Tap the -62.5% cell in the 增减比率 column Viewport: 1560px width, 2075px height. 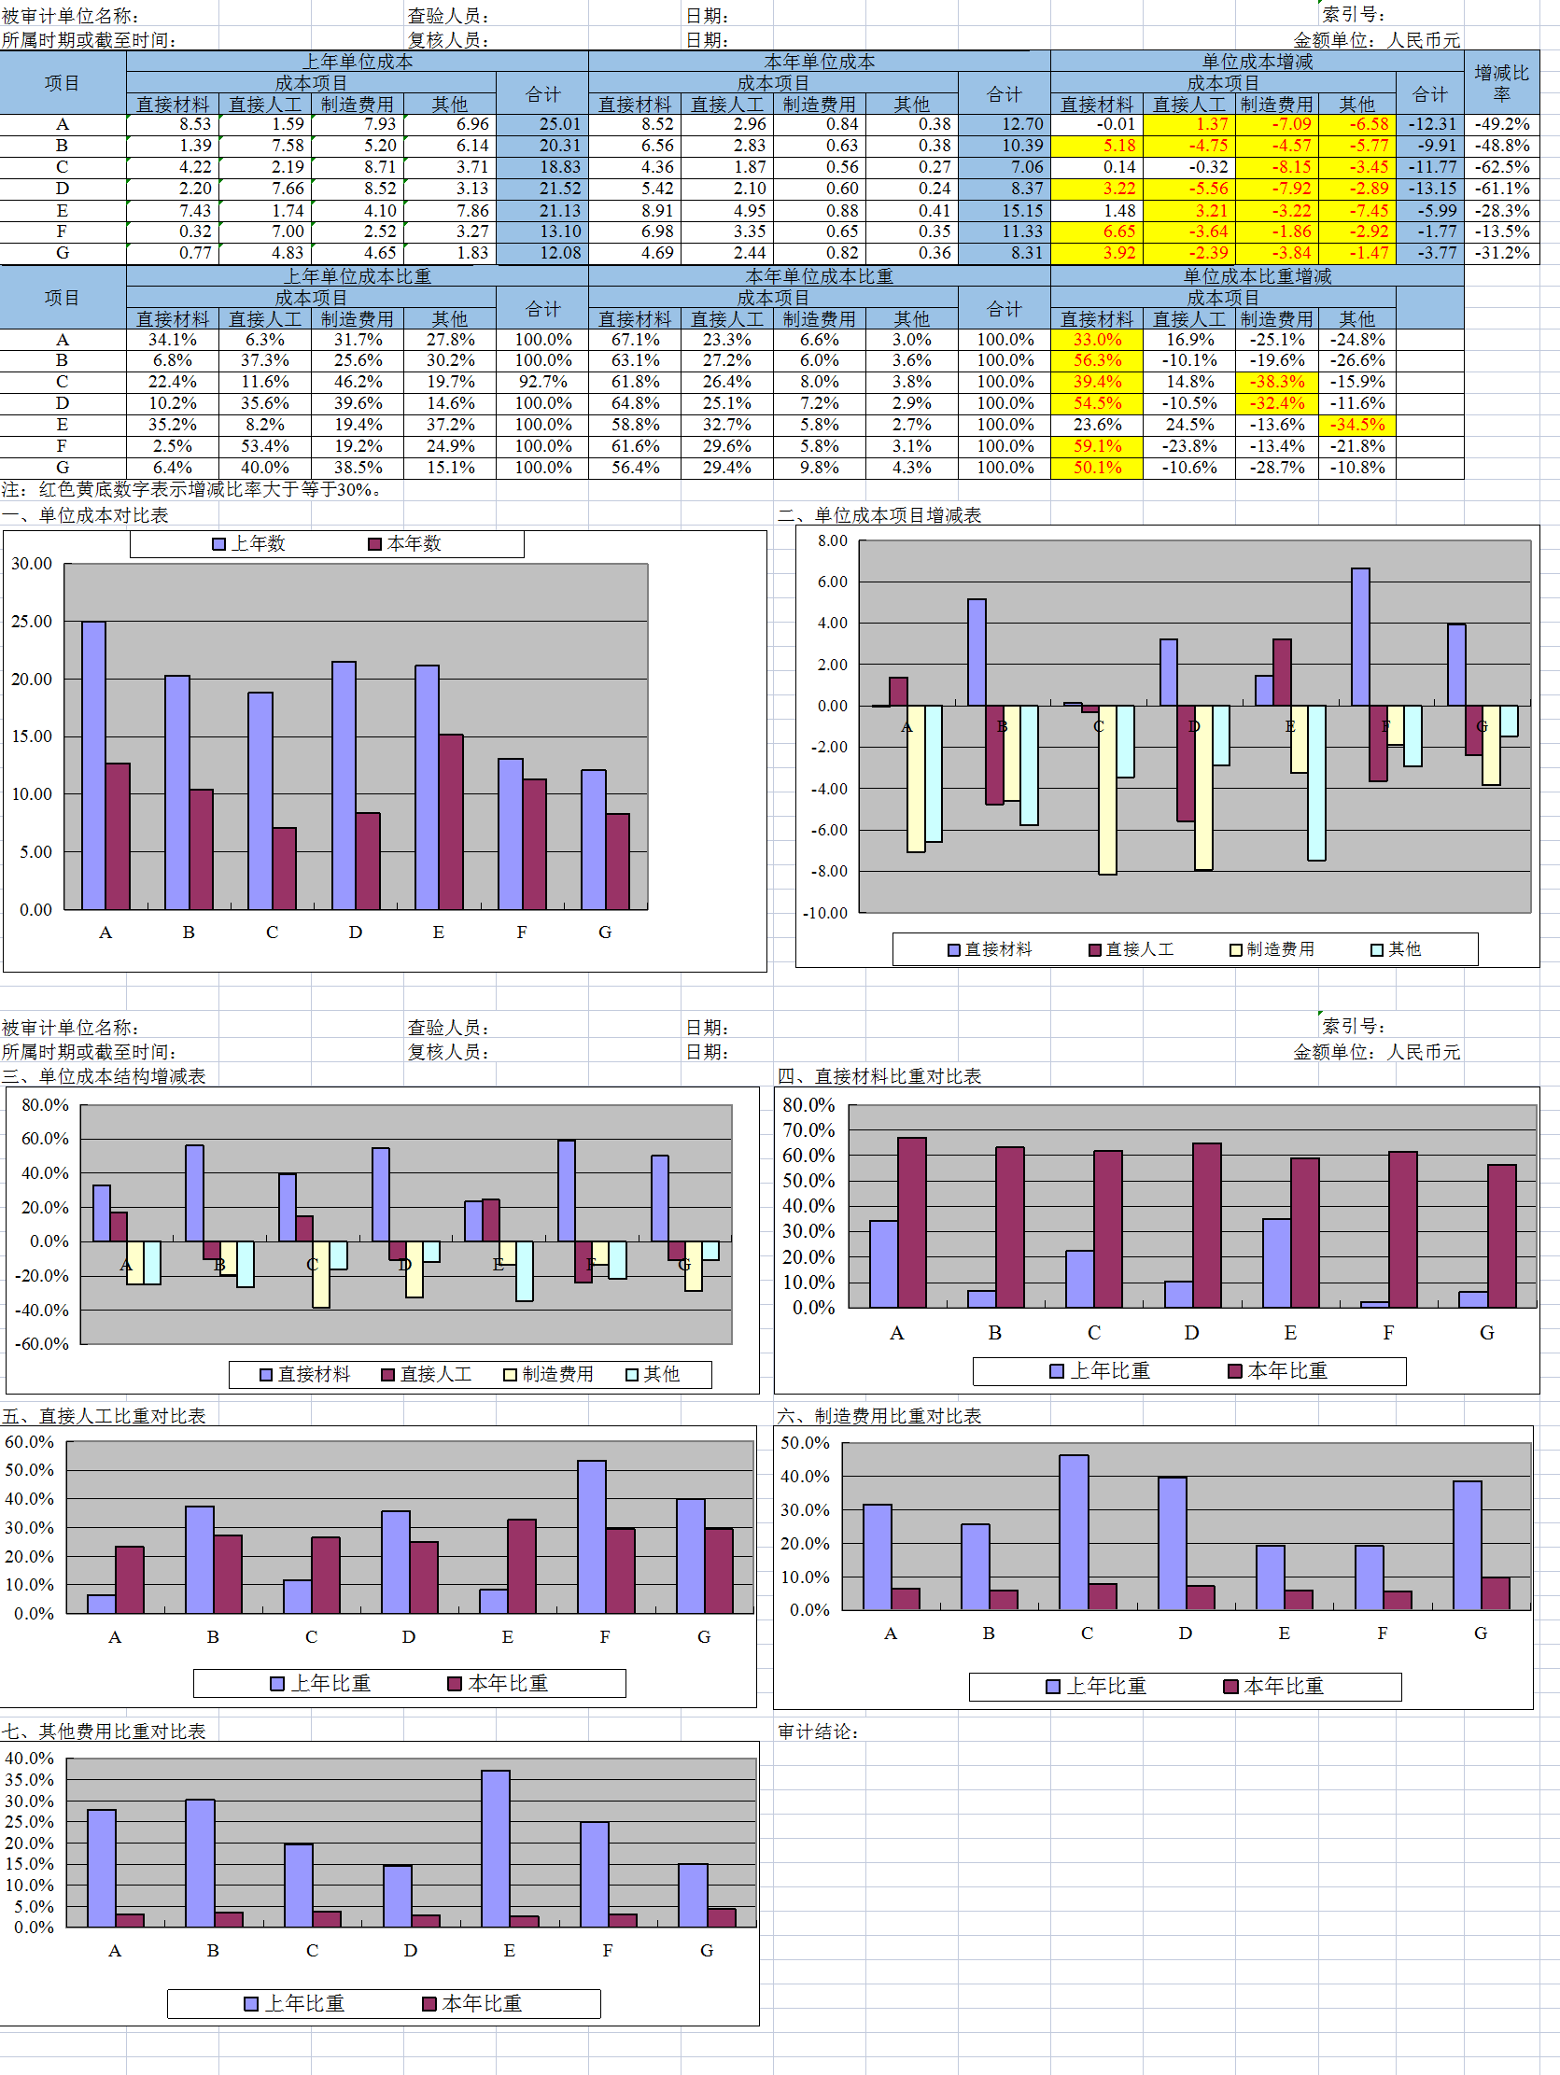(x=1502, y=167)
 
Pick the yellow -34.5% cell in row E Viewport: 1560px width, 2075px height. (x=1356, y=425)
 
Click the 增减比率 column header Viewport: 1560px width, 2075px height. (x=1501, y=82)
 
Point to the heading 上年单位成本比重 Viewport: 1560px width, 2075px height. (x=358, y=276)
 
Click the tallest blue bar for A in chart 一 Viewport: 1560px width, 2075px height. (x=92, y=764)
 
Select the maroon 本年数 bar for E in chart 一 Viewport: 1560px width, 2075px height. (x=451, y=820)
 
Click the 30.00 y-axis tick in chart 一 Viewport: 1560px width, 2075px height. (x=32, y=564)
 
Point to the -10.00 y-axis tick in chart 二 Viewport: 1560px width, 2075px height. (x=824, y=913)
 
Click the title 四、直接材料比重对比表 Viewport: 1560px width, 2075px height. (x=879, y=1076)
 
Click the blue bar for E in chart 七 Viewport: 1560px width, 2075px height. (x=496, y=1848)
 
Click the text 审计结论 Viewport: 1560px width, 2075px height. (x=818, y=1732)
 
